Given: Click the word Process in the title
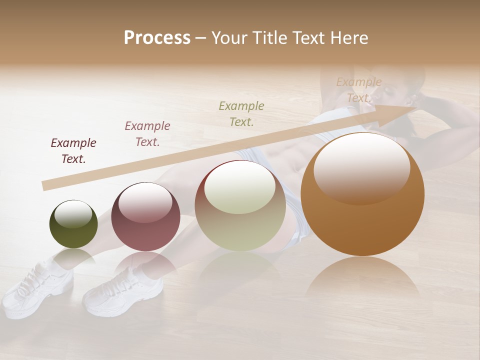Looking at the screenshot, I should click(157, 38).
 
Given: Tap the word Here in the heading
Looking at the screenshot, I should click(348, 38).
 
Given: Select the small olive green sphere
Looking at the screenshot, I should click(73, 224).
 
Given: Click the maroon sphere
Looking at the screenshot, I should click(145, 217).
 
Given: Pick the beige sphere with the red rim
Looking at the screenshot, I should click(240, 206).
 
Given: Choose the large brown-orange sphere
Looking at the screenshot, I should click(362, 195).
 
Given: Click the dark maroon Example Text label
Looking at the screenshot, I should click(73, 151).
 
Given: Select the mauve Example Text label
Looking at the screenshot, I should click(147, 134).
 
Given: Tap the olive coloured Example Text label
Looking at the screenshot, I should click(241, 114).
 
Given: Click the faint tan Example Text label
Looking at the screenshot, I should click(359, 90).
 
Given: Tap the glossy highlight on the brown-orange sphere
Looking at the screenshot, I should click(361, 168).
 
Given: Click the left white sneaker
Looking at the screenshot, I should click(31, 287).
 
